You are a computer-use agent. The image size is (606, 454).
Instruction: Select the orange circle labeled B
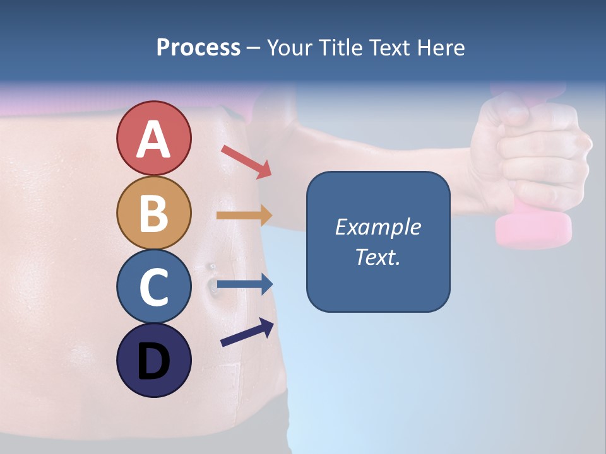[153, 212]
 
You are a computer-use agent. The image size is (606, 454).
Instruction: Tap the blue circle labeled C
[153, 286]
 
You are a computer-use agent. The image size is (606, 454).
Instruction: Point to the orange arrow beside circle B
[244, 216]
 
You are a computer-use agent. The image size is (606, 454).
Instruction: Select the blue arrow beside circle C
[245, 284]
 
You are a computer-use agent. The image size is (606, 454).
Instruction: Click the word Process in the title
[198, 47]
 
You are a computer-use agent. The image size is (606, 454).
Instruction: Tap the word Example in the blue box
[377, 227]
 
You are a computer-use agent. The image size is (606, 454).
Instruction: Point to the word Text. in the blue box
[377, 257]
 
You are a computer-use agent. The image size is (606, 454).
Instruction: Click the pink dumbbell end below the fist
[533, 228]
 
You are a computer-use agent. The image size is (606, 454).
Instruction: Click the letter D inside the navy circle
[153, 363]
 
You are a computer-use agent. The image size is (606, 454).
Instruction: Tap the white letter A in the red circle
[153, 139]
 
